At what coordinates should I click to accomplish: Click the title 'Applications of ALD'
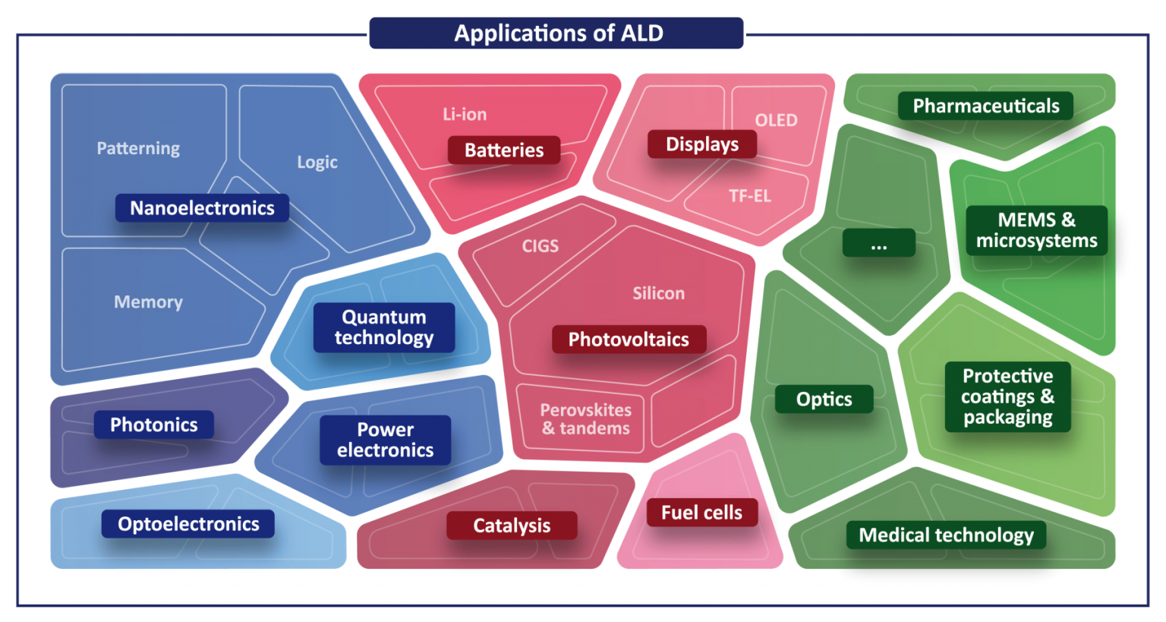[x=559, y=33]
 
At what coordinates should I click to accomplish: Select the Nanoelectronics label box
[x=202, y=208]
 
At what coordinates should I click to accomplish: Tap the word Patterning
[x=138, y=148]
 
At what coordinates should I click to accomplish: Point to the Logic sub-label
[x=317, y=162]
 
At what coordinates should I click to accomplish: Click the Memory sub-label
[x=148, y=302]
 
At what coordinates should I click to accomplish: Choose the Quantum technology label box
[x=384, y=327]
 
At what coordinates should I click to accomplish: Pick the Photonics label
[x=154, y=425]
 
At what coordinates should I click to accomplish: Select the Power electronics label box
[x=385, y=440]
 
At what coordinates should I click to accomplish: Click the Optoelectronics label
[x=188, y=523]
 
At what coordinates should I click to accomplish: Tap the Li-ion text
[x=465, y=114]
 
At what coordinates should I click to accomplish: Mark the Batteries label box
[x=504, y=150]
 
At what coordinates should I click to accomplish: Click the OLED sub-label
[x=776, y=120]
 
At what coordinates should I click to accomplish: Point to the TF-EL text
[x=749, y=196]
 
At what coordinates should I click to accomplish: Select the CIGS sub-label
[x=540, y=246]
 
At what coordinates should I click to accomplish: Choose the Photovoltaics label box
[x=629, y=339]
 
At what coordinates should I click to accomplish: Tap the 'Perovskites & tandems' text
[x=585, y=418]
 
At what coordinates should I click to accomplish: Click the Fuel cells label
[x=701, y=513]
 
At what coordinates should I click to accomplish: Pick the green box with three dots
[x=878, y=242]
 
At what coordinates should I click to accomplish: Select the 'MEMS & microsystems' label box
[x=1036, y=230]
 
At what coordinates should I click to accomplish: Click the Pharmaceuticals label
[x=986, y=106]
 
